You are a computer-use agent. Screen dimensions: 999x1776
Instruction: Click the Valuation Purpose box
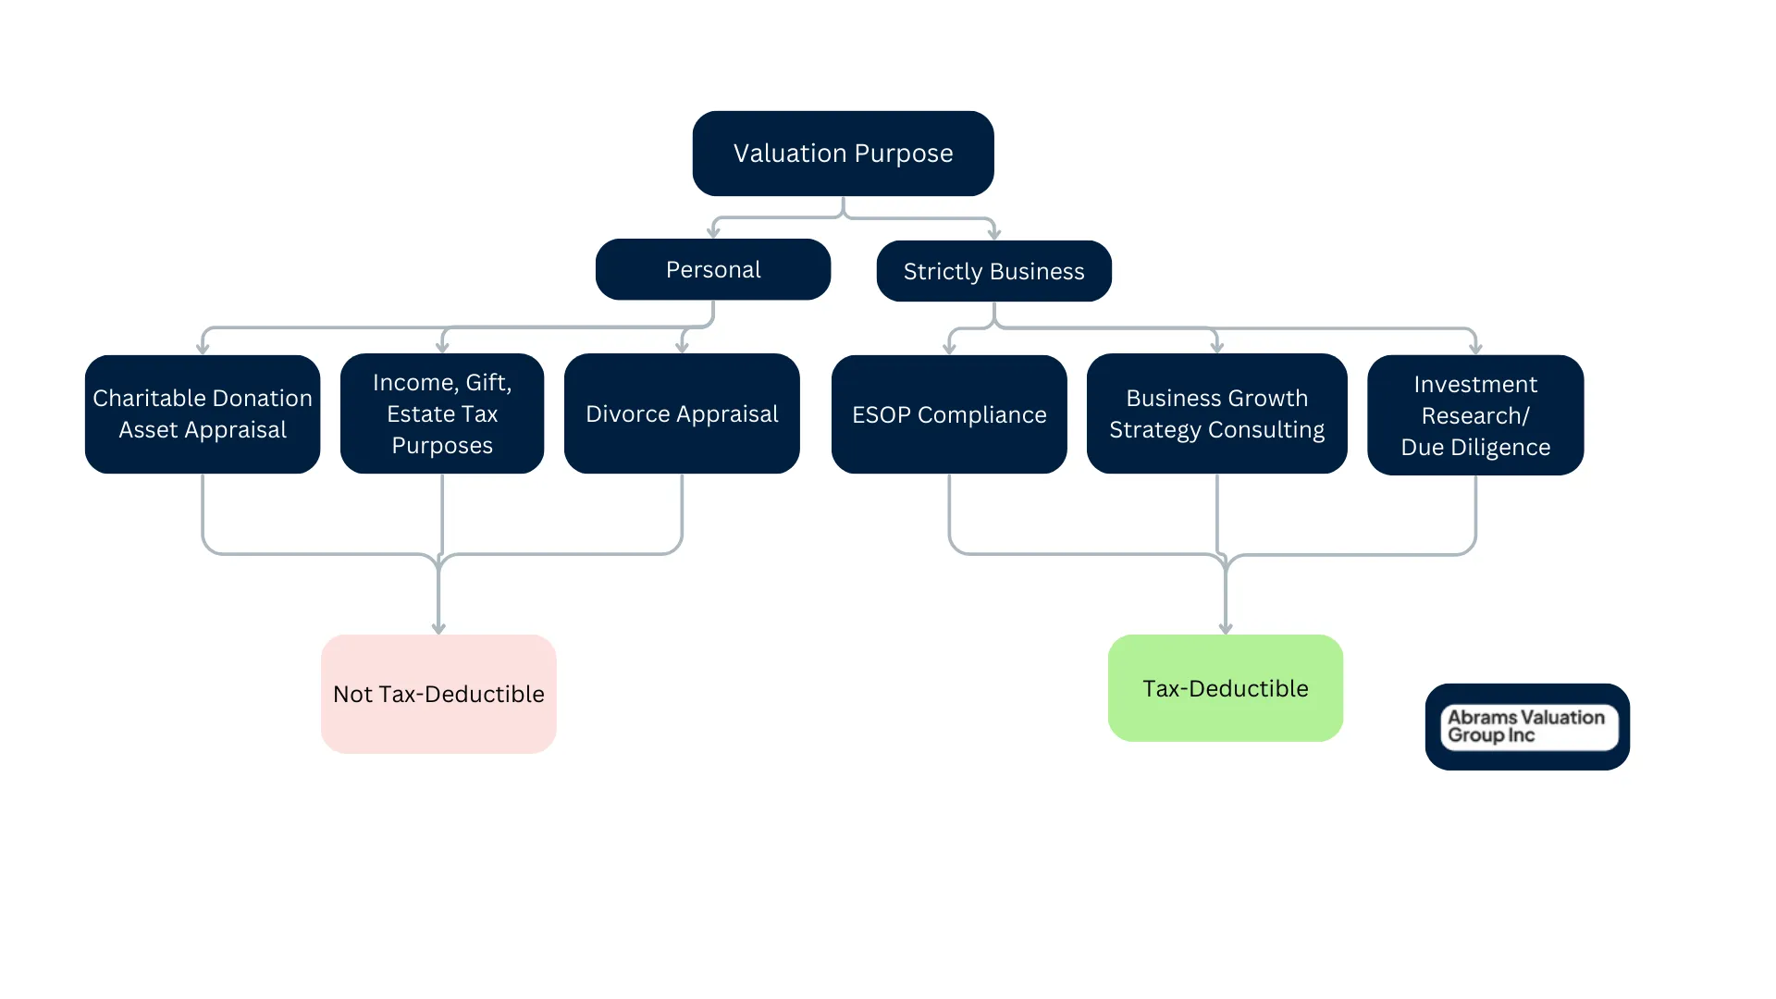coord(843,154)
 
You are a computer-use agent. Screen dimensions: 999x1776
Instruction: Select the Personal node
coord(712,269)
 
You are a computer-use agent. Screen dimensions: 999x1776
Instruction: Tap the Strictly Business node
coord(993,271)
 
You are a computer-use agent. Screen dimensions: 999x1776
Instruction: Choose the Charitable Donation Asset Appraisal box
coord(203,413)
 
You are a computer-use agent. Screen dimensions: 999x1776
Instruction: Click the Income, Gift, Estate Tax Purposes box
coord(442,413)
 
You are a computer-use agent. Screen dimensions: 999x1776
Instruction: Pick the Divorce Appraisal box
coord(682,413)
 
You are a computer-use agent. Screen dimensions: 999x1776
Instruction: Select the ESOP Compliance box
coord(949,414)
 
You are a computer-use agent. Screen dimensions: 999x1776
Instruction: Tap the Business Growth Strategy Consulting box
coord(1216,413)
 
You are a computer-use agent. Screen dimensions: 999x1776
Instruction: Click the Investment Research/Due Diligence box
coord(1475,415)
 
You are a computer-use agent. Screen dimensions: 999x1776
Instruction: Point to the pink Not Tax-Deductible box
coord(438,694)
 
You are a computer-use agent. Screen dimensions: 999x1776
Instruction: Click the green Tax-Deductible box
coord(1225,688)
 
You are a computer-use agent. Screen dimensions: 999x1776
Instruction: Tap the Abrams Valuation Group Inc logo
coord(1527,727)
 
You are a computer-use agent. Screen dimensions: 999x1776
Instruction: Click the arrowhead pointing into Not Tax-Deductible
coord(438,628)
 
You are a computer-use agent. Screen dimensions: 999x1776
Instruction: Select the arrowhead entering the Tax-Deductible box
coord(1226,628)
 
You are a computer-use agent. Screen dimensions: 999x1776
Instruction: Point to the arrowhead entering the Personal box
coord(713,232)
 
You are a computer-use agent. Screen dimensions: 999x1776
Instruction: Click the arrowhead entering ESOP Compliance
coord(949,349)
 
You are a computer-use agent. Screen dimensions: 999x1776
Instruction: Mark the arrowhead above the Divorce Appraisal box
coord(682,347)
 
